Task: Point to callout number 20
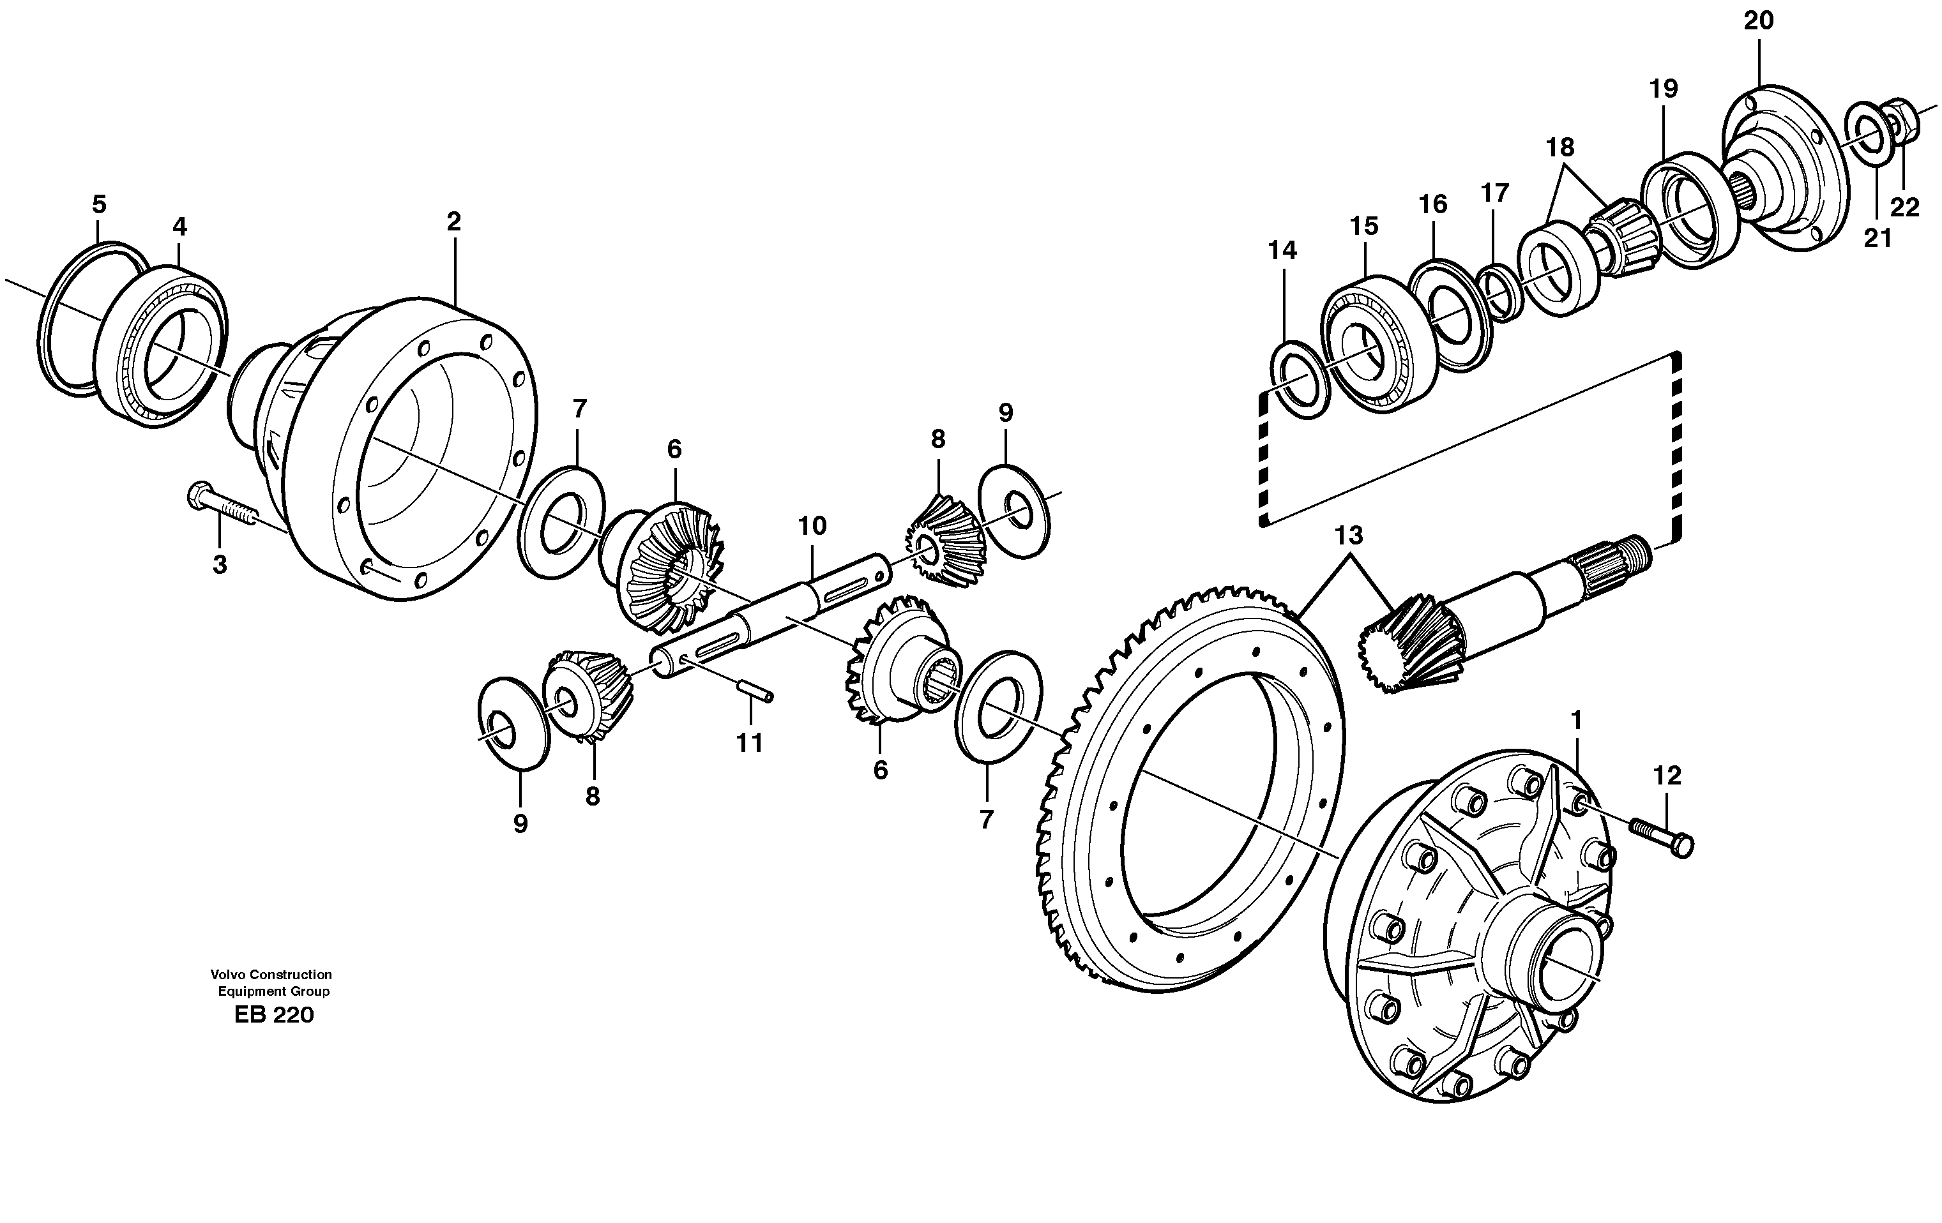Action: click(1758, 22)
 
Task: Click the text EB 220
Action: click(273, 1015)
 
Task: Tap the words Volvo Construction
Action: click(272, 975)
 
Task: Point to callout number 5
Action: click(98, 204)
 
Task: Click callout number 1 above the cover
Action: click(1576, 720)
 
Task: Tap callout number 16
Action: click(1433, 204)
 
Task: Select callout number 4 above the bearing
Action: click(179, 227)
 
